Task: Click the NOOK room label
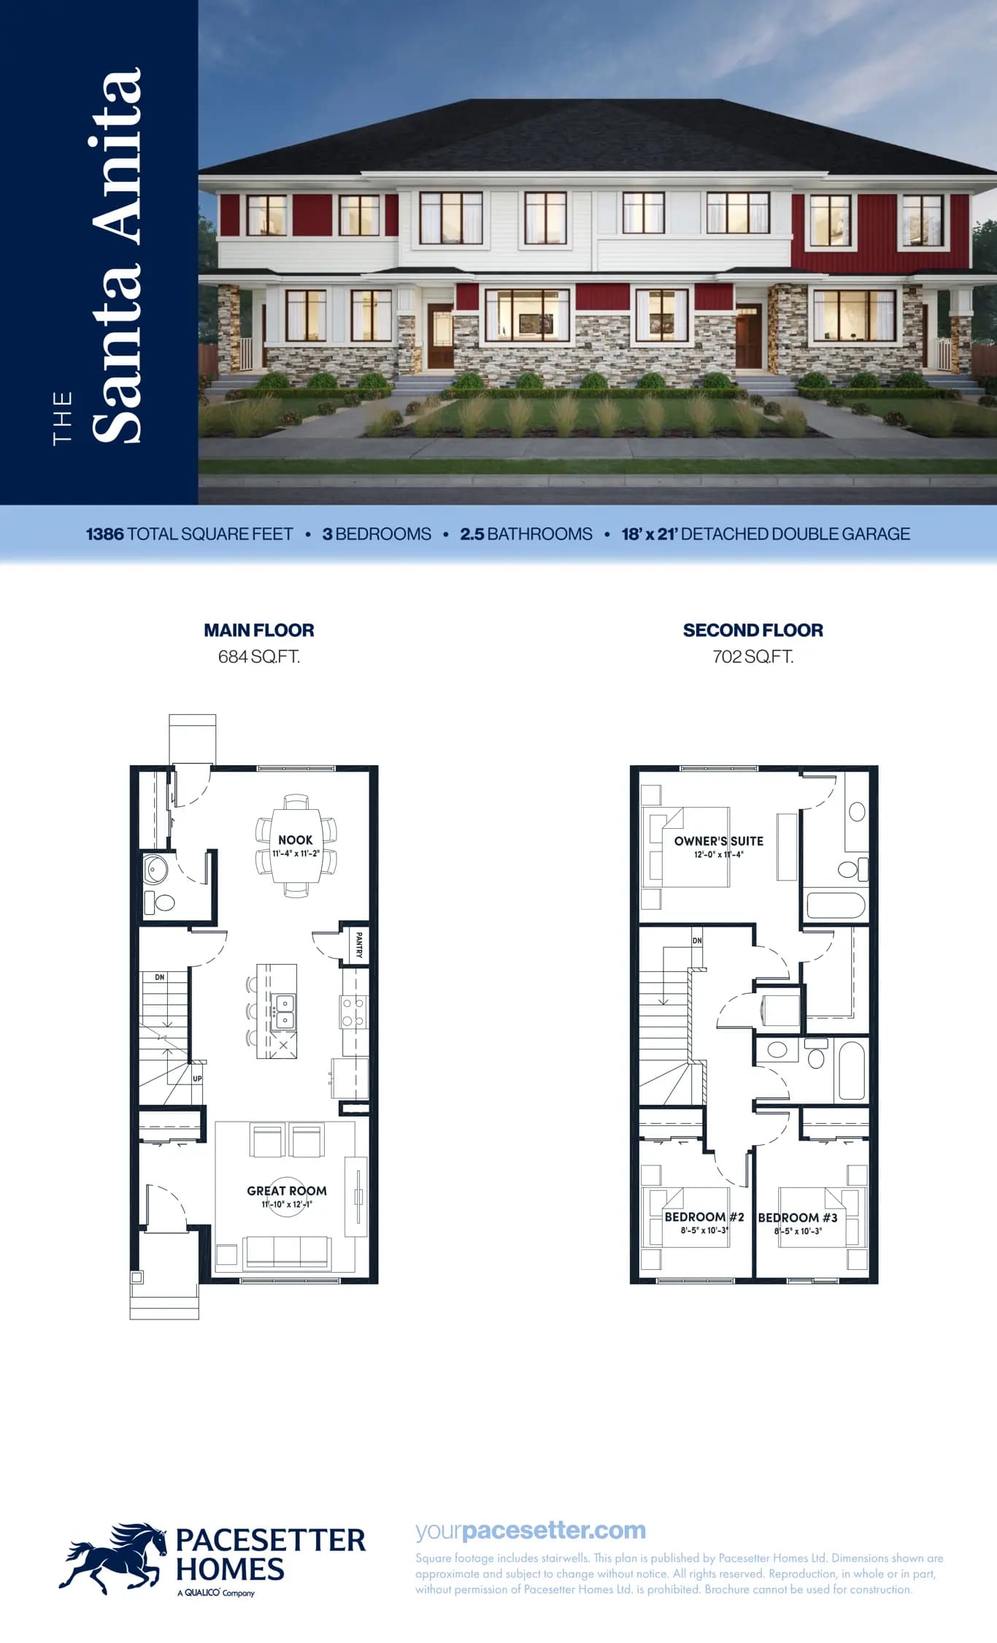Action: pos(295,840)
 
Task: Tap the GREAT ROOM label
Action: pos(287,1190)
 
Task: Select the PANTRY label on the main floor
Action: pos(358,943)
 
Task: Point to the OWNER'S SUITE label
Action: pos(719,841)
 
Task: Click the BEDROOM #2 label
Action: pos(704,1217)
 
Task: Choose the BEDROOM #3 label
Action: pos(798,1217)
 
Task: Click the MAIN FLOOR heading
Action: pos(259,630)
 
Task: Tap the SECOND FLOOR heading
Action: pos(753,630)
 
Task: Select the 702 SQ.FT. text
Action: pos(753,656)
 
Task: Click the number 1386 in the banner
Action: pos(105,534)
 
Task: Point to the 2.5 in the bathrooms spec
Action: pos(472,534)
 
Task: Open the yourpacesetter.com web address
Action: pos(531,1530)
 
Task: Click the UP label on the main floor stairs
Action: pos(197,1079)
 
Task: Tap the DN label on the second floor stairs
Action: pos(697,941)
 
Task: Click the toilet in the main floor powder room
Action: pos(160,903)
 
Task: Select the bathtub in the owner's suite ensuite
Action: pos(836,905)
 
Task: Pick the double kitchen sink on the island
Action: pos(284,1011)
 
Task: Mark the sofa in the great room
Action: pos(288,1252)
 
